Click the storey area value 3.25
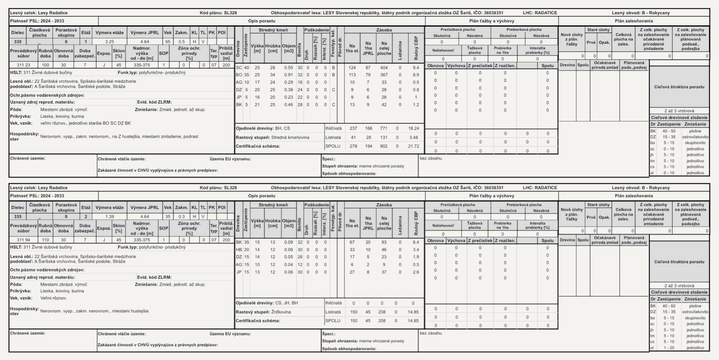110,42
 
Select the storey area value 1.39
110,217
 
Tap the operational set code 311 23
23,65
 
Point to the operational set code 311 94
23,240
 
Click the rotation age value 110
45,240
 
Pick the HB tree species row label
239,250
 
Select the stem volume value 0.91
288,75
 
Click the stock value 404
384,68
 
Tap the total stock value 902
384,146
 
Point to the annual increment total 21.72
413,146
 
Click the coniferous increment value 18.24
413,128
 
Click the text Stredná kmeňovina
290,137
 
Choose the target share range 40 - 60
669,306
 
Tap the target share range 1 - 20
669,348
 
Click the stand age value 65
168,42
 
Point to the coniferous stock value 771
384,128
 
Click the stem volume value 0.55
288,68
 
